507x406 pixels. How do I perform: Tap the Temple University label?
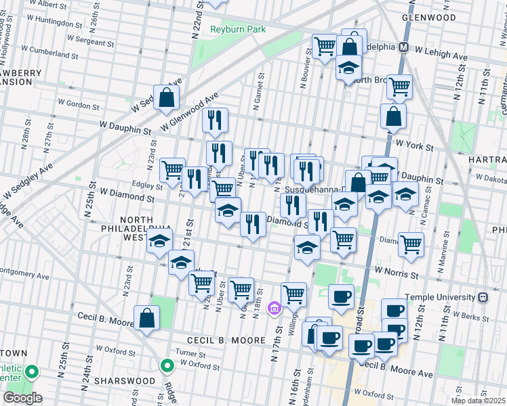pyautogui.click(x=440, y=297)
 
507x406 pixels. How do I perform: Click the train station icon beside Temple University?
pyautogui.click(x=482, y=297)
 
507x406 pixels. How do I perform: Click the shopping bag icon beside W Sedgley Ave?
pyautogui.click(x=166, y=97)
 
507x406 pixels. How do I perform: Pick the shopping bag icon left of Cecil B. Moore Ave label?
pyautogui.click(x=147, y=318)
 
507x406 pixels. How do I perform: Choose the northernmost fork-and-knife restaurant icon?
pyautogui.click(x=215, y=120)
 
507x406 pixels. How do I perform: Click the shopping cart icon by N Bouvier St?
pyautogui.click(x=325, y=47)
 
